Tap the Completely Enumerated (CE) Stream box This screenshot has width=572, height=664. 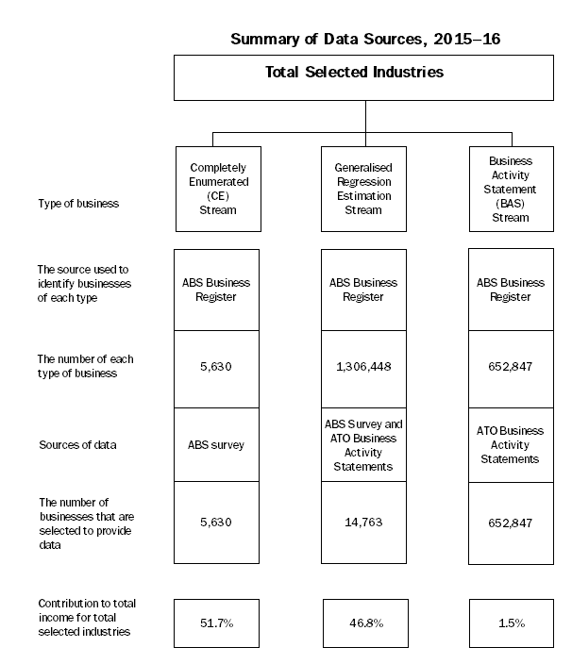pyautogui.click(x=218, y=188)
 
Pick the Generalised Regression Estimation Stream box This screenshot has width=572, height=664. pyautogui.click(x=364, y=188)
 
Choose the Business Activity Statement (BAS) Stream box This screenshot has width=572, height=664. pyautogui.click(x=511, y=188)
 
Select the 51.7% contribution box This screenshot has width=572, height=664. pyautogui.click(x=218, y=622)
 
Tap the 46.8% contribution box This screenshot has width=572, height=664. pyautogui.click(x=364, y=622)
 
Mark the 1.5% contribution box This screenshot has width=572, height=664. pyautogui.click(x=511, y=622)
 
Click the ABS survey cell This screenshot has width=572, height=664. pyautogui.click(x=218, y=444)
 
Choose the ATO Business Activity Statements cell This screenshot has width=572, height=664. pyautogui.click(x=511, y=444)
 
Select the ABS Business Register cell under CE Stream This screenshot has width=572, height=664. pyautogui.click(x=218, y=290)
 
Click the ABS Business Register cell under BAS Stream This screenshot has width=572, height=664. pyautogui.click(x=511, y=290)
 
